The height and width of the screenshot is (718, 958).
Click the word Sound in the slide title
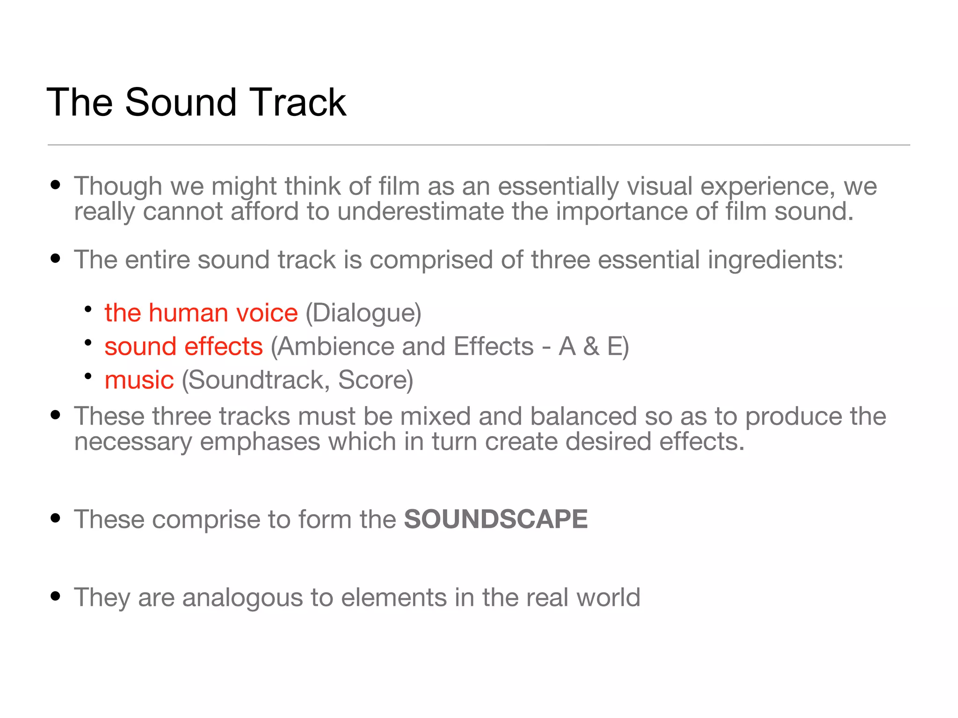click(x=181, y=102)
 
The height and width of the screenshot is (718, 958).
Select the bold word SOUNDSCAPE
click(x=496, y=519)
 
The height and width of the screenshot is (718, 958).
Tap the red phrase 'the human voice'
click(x=201, y=313)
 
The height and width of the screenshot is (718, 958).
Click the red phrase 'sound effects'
click(x=183, y=346)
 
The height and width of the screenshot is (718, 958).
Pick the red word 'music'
click(x=139, y=380)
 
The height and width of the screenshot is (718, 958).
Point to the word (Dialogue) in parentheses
click(x=363, y=313)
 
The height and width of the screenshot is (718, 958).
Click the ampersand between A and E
click(x=591, y=346)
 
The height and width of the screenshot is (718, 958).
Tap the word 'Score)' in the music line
click(x=376, y=380)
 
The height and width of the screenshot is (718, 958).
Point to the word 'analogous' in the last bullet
click(x=242, y=597)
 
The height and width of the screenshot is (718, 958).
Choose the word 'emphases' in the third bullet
click(x=260, y=442)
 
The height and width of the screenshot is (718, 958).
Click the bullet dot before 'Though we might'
click(x=56, y=185)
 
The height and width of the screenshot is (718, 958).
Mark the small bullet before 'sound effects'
click(x=88, y=343)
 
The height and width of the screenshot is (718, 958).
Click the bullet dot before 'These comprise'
click(x=56, y=518)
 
